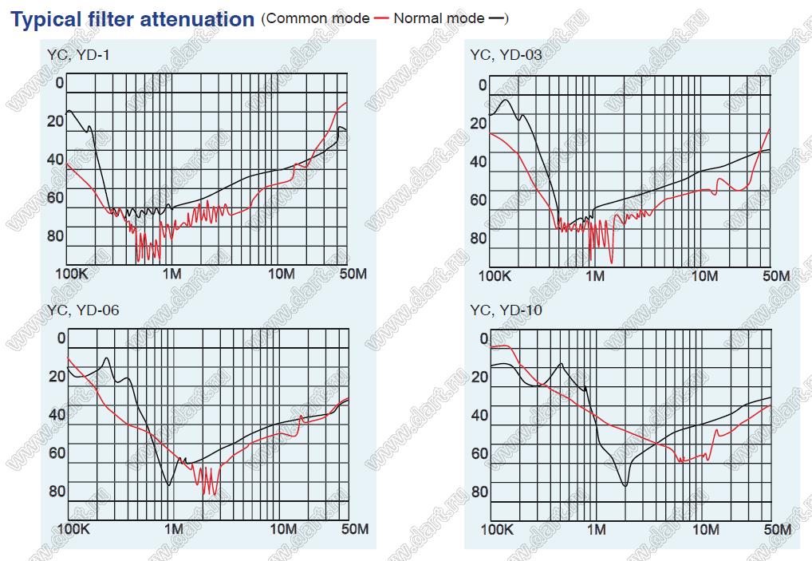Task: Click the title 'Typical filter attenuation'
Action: (x=132, y=19)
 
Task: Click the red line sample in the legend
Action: (x=380, y=18)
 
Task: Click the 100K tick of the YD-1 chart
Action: (x=70, y=274)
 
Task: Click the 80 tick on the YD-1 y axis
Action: (x=55, y=236)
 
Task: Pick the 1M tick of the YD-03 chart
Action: (x=594, y=276)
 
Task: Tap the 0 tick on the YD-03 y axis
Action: (x=482, y=85)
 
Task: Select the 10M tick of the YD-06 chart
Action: (x=282, y=528)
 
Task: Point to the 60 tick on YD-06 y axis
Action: (x=57, y=452)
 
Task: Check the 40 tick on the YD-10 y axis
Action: (x=479, y=415)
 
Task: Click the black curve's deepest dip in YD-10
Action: (x=625, y=484)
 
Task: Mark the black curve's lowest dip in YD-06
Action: (x=168, y=484)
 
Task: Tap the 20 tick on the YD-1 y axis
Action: (x=55, y=120)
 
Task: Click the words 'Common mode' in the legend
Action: (x=318, y=18)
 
